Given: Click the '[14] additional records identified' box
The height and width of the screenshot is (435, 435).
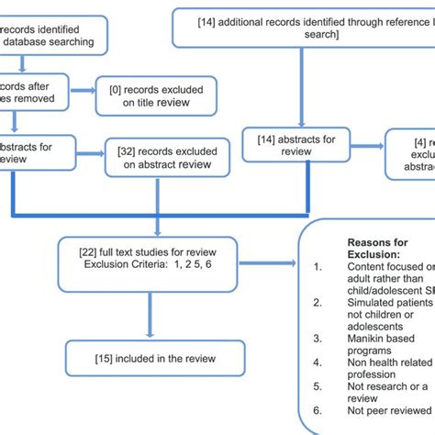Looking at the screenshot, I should click(303, 27).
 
